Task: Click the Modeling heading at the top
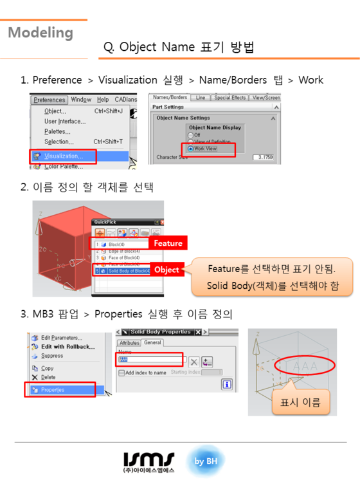(40, 33)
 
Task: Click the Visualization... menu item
(63, 156)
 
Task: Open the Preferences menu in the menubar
(50, 100)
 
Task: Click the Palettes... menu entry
(57, 131)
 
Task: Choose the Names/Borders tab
(170, 98)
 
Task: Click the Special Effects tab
(230, 98)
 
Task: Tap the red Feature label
(167, 243)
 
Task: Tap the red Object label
(166, 270)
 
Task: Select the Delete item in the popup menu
(48, 377)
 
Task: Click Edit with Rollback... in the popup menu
(67, 347)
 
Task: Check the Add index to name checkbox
(122, 373)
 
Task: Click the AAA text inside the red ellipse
(305, 365)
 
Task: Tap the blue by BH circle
(209, 461)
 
